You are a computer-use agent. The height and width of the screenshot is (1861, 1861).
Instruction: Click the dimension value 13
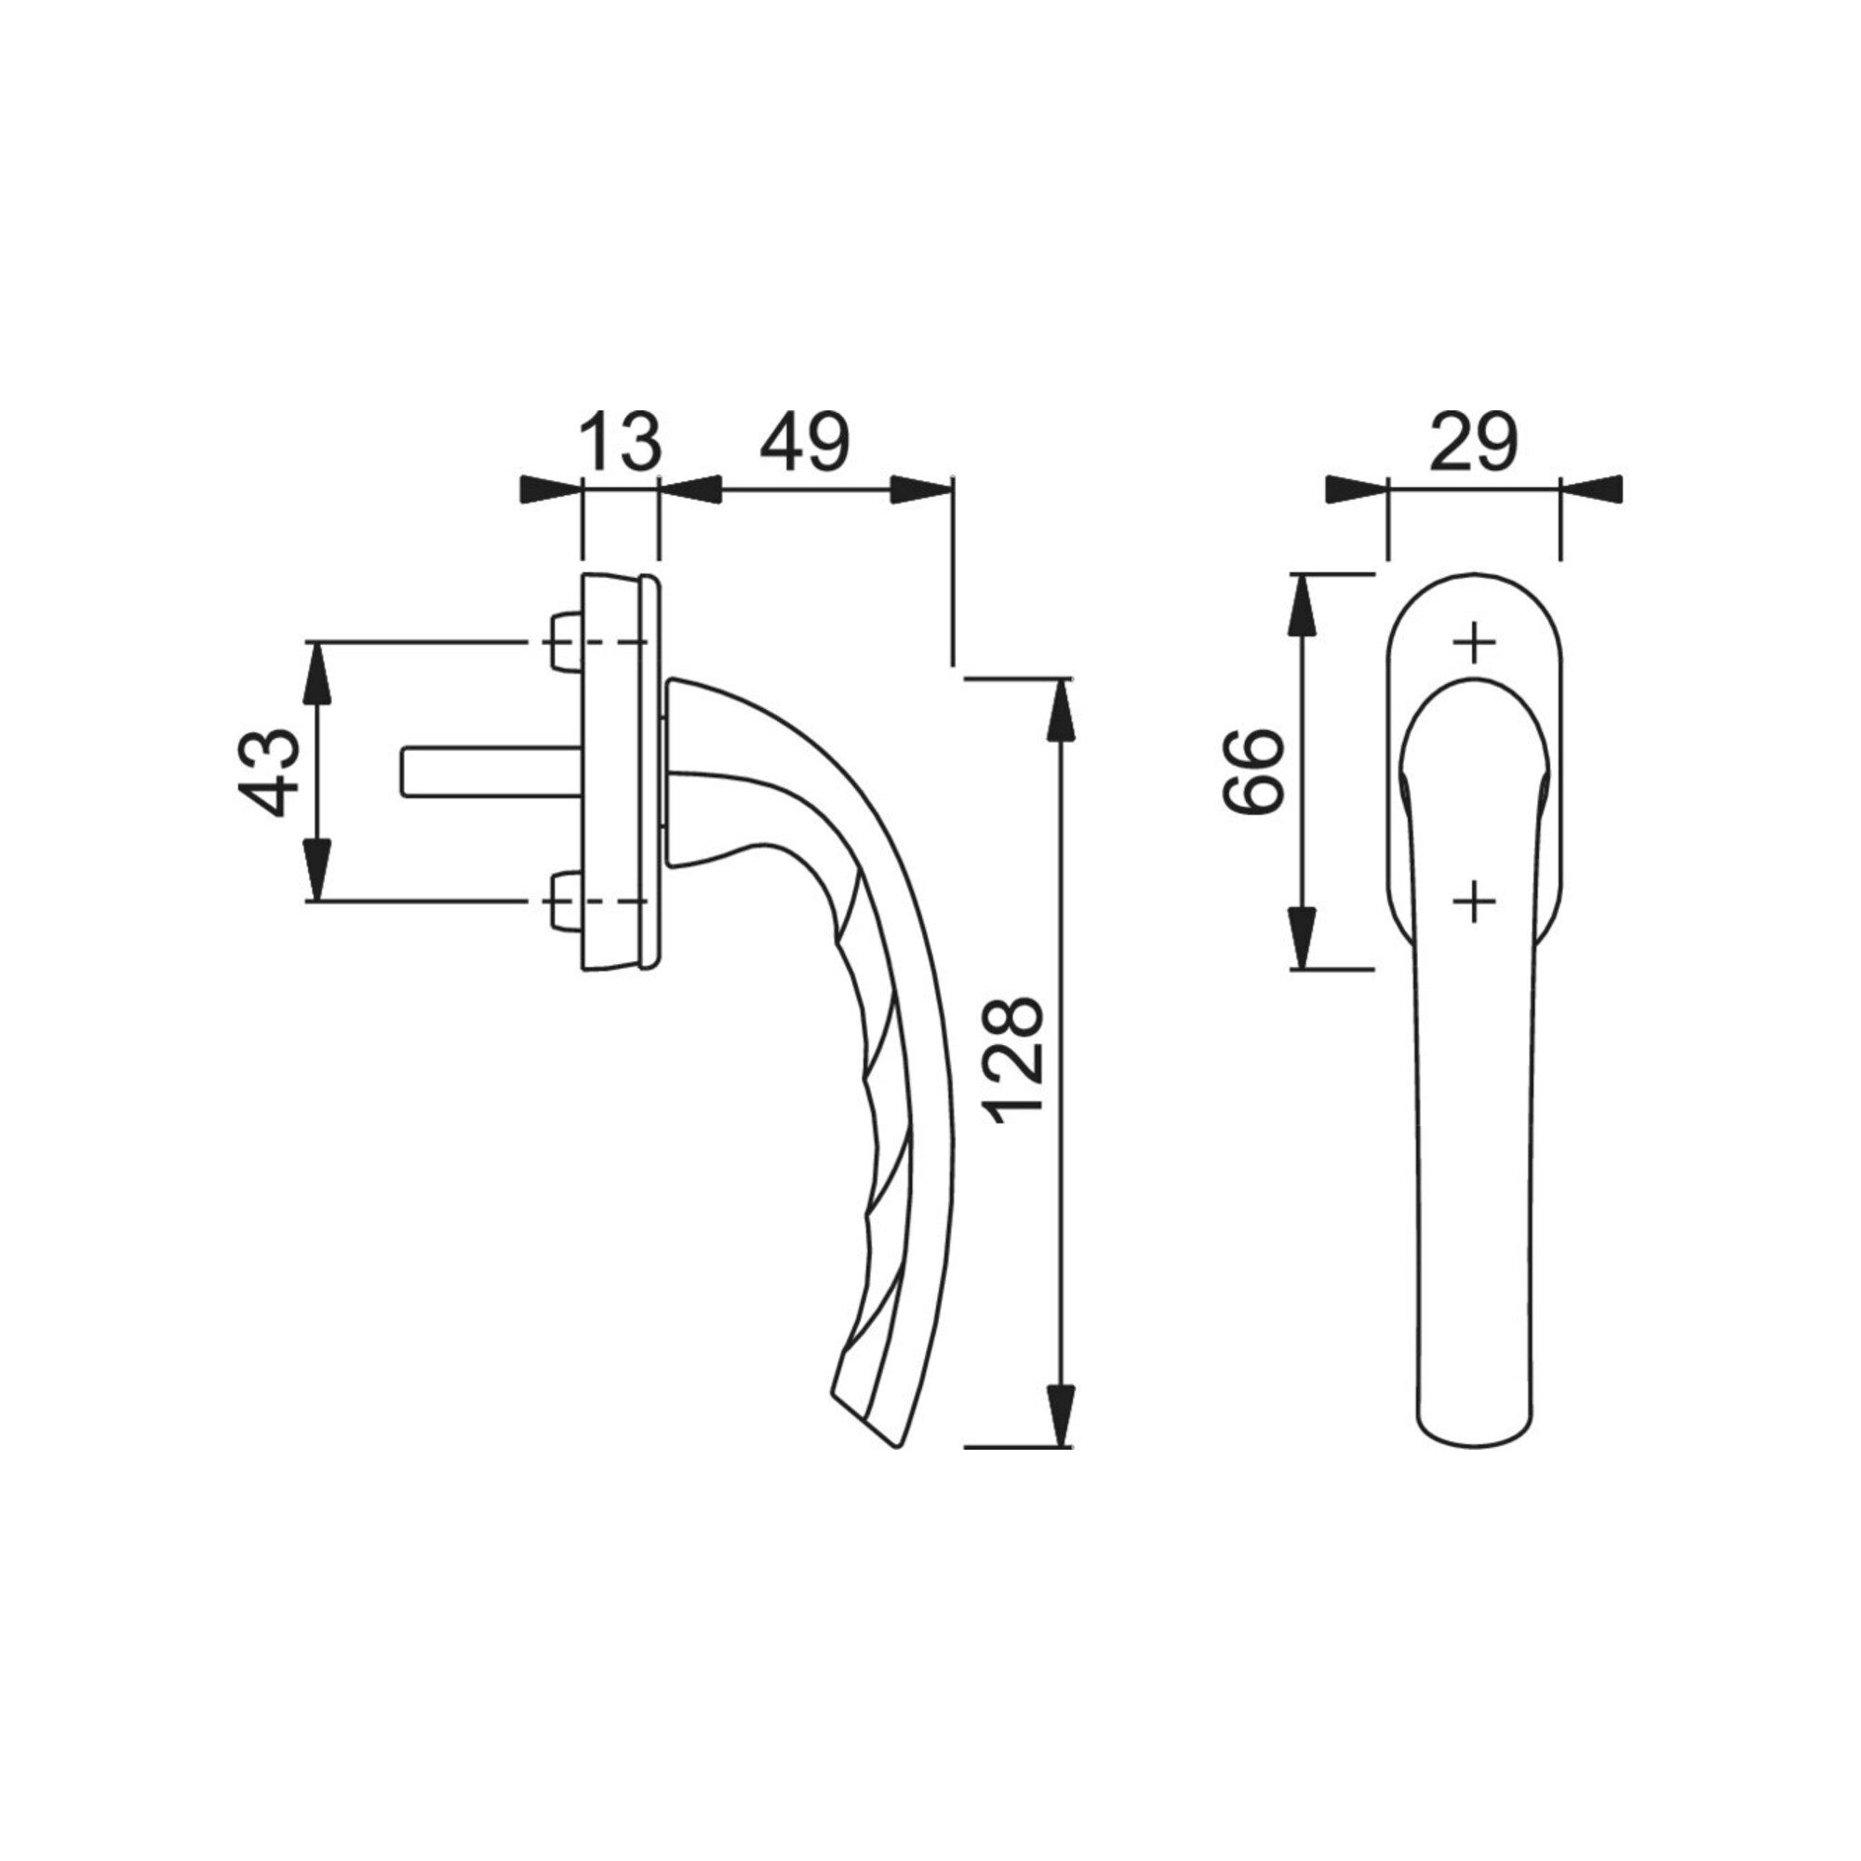pyautogui.click(x=622, y=441)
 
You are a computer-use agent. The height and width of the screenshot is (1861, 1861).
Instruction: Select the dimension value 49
pyautogui.click(x=804, y=441)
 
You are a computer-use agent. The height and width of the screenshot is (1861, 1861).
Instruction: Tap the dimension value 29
pyautogui.click(x=1474, y=441)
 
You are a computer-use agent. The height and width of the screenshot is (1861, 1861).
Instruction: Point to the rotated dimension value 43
pyautogui.click(x=267, y=771)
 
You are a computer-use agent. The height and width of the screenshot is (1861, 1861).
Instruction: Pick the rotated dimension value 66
pyautogui.click(x=1253, y=771)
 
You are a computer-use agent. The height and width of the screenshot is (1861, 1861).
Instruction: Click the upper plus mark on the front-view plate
pyautogui.click(x=1474, y=641)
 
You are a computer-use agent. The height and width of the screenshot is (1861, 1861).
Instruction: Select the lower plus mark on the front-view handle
pyautogui.click(x=1474, y=902)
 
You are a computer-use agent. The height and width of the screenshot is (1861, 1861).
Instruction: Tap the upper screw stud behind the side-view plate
pyautogui.click(x=564, y=641)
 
